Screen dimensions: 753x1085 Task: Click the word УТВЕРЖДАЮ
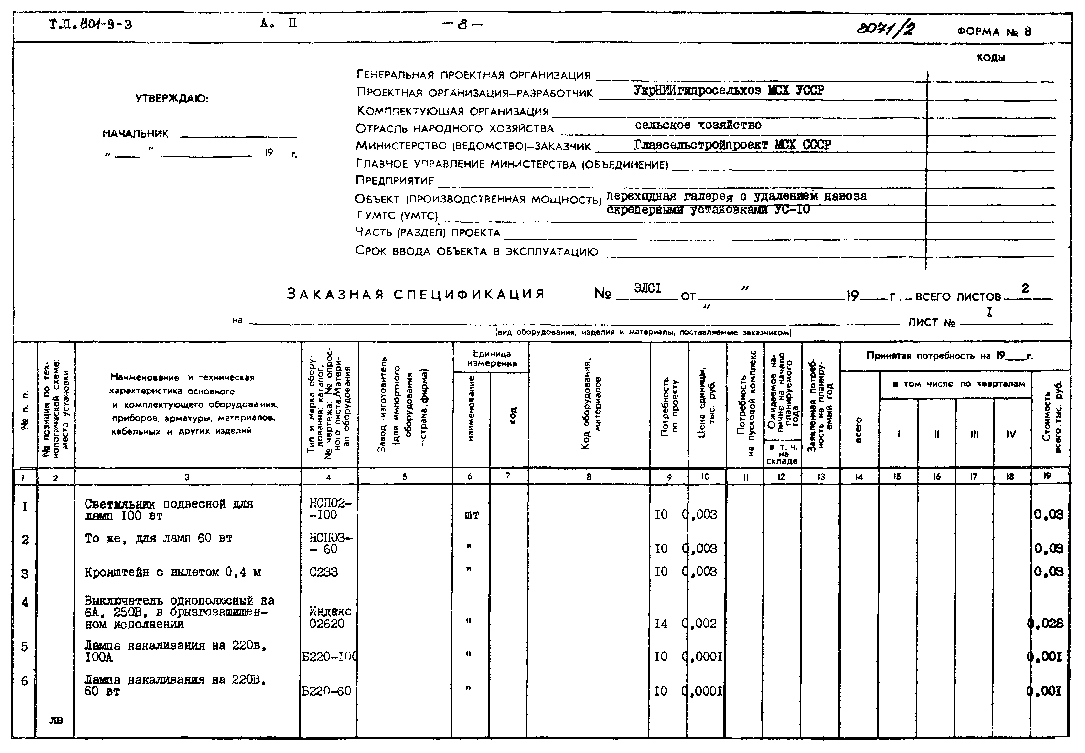click(x=172, y=99)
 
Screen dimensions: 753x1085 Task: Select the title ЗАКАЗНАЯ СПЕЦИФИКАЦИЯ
click(x=415, y=294)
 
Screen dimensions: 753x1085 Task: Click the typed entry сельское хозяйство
click(x=698, y=125)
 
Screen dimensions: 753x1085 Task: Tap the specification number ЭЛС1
click(x=647, y=288)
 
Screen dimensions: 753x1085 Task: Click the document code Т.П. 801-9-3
click(x=91, y=24)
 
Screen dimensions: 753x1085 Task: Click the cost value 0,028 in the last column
click(x=1045, y=624)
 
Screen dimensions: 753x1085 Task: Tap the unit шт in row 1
click(x=472, y=515)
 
